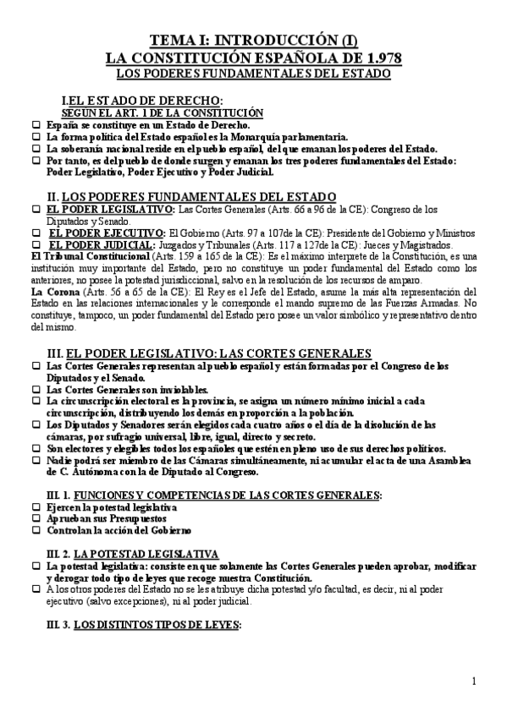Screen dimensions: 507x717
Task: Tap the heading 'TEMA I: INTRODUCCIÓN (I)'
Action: click(x=252, y=41)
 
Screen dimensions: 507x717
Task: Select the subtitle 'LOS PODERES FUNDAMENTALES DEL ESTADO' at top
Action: click(x=252, y=74)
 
